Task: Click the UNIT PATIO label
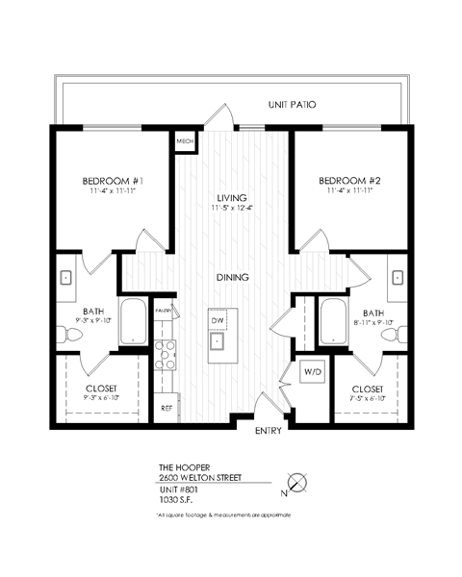point(292,104)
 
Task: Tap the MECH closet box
point(185,141)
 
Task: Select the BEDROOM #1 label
point(113,181)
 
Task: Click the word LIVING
point(232,198)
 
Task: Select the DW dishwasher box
point(218,317)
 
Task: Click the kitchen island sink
point(218,341)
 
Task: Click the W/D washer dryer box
point(313,371)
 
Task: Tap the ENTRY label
point(268,431)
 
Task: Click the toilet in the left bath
point(67,336)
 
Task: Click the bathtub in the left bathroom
point(133,325)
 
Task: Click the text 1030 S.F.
point(176,499)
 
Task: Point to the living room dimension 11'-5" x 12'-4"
point(232,211)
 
